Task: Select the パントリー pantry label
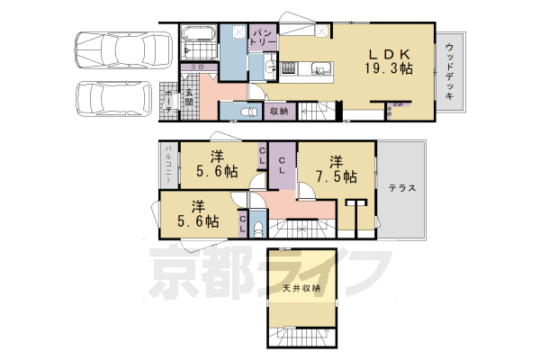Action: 263,38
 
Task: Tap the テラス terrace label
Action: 401,188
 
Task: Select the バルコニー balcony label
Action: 167,166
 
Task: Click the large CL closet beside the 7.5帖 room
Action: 282,166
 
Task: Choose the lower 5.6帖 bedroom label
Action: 199,213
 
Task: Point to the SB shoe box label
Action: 195,67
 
